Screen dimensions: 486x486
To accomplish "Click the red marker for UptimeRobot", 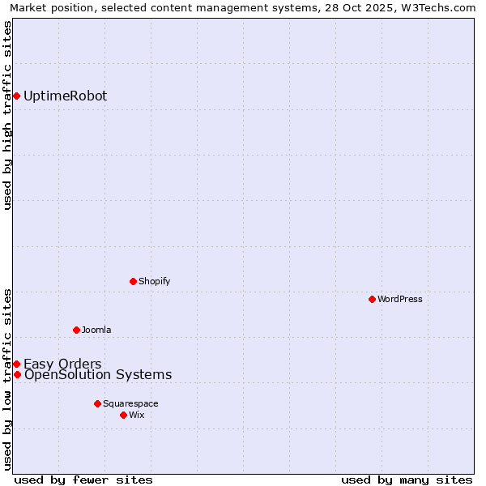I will (16, 96).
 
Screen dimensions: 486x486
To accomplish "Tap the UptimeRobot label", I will (65, 96).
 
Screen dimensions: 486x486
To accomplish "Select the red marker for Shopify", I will (133, 282).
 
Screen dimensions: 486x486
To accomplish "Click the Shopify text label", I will (154, 282).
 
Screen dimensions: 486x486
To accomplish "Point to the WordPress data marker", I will (372, 300).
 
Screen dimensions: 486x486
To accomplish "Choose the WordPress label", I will (400, 300).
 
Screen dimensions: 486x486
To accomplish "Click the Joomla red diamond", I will (76, 330).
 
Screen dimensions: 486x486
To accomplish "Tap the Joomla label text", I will (96, 330).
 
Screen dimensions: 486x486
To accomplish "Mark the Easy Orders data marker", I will (16, 364).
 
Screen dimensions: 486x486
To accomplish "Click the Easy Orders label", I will (62, 364).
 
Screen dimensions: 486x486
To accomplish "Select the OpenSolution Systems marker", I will (17, 374).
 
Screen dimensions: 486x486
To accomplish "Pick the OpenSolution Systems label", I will (98, 374).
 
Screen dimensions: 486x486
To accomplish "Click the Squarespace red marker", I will (97, 403).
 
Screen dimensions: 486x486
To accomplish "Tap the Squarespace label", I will (130, 403).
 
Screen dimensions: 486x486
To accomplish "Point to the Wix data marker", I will (123, 415).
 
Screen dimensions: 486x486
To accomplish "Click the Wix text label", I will (137, 415).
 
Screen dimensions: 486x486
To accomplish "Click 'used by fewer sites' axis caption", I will (83, 480).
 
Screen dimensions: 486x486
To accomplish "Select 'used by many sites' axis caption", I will (407, 480).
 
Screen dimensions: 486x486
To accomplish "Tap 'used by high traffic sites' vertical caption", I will (7, 115).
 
